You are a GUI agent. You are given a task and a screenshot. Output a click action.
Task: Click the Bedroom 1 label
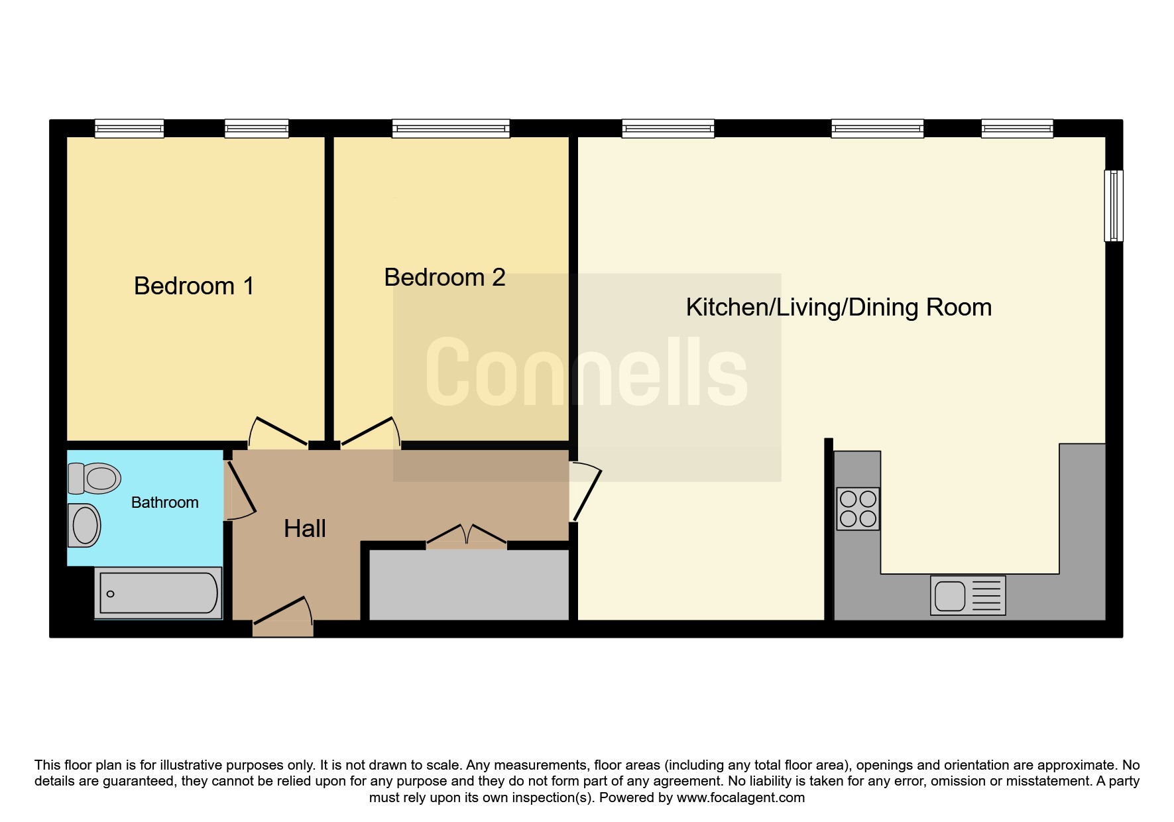click(194, 286)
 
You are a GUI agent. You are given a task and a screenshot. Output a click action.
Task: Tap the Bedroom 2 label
click(445, 277)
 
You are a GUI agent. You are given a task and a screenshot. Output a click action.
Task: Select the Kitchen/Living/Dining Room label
click(839, 308)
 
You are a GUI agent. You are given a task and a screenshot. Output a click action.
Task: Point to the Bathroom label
click(165, 502)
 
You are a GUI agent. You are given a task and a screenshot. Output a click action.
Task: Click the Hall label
click(305, 528)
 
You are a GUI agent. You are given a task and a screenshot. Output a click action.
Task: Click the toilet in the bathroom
click(94, 478)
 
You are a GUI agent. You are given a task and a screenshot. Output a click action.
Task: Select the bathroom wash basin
click(84, 525)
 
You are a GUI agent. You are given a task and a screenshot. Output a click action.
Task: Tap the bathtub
click(158, 593)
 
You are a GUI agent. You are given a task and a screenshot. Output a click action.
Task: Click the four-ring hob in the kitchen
click(858, 508)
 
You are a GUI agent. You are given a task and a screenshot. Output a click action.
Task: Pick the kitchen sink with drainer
click(968, 595)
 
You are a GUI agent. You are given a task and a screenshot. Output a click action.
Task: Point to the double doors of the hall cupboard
click(466, 534)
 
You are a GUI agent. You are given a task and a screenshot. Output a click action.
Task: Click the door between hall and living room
click(585, 491)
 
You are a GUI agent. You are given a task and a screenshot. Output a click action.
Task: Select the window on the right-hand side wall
click(1114, 206)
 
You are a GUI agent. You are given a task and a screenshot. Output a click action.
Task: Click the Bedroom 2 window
click(451, 129)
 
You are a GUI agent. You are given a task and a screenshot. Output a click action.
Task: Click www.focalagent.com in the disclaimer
click(740, 797)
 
